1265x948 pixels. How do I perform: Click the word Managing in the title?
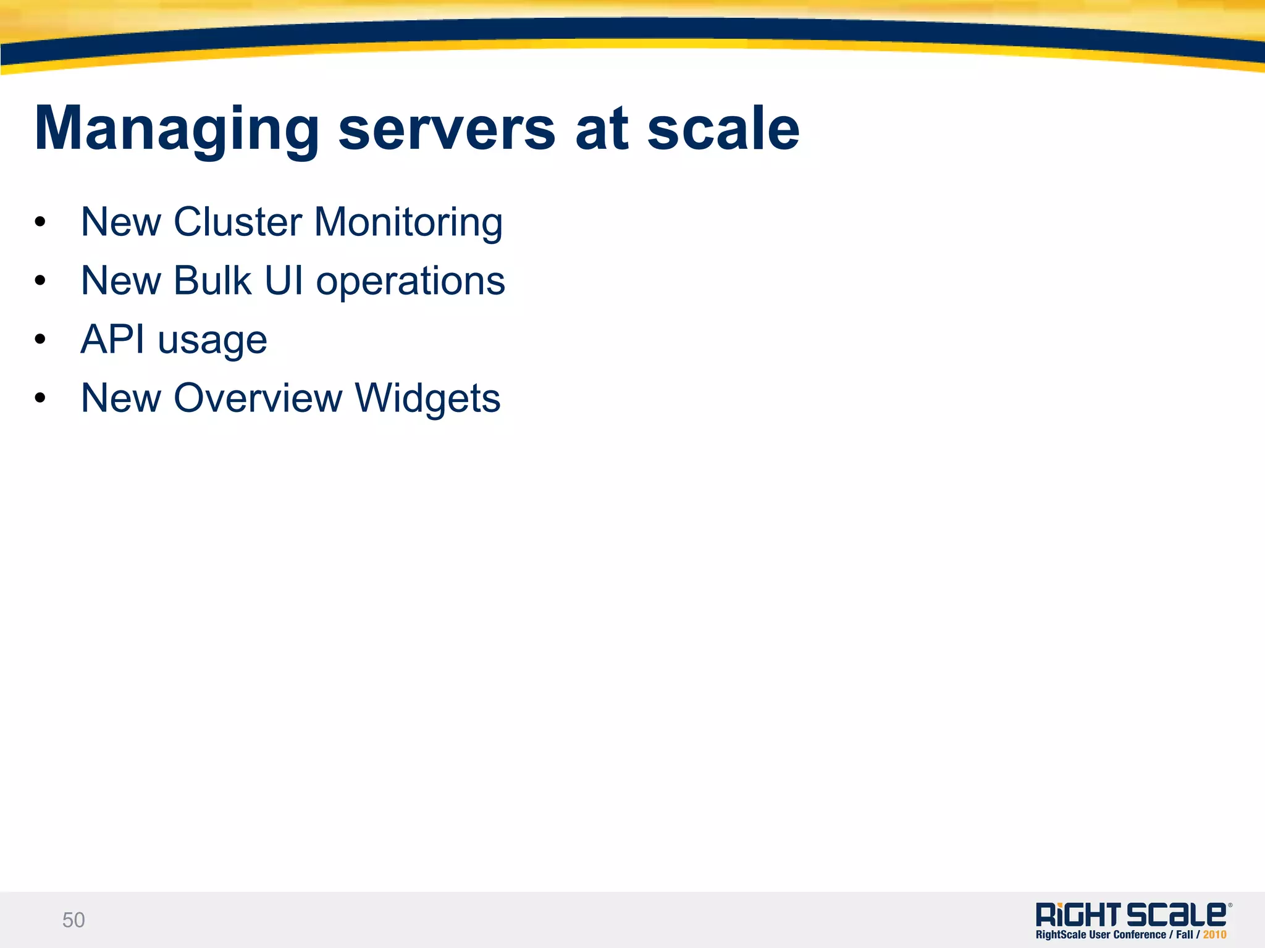176,130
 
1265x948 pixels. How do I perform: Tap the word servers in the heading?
447,130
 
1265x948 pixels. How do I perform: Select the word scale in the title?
723,130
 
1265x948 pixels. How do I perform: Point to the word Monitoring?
408,223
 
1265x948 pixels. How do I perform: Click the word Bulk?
212,281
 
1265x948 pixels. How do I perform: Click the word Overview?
258,398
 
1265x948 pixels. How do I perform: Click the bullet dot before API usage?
41,340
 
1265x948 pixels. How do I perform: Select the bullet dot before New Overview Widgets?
41,398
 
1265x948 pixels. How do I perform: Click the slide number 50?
74,920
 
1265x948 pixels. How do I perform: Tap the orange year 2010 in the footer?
1214,935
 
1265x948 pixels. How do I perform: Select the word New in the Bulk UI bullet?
121,281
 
